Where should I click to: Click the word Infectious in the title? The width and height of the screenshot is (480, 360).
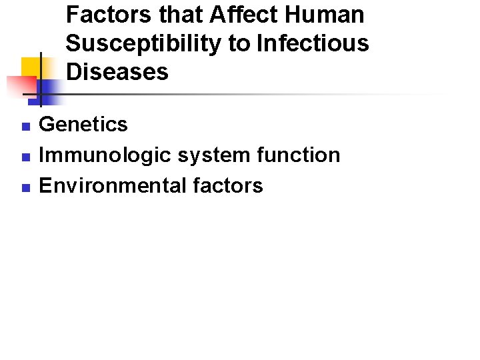pyautogui.click(x=313, y=43)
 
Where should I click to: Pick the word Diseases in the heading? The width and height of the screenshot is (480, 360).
pyautogui.click(x=117, y=72)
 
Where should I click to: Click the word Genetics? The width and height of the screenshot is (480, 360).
pyautogui.click(x=83, y=125)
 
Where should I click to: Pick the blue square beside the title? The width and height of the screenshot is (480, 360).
pyautogui.click(x=50, y=91)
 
